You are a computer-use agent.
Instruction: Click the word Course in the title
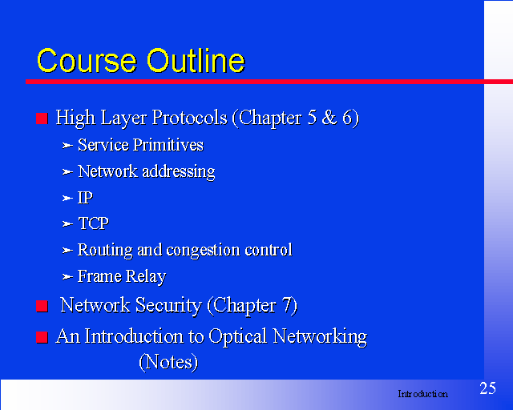tap(87, 61)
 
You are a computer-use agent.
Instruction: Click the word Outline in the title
tap(196, 61)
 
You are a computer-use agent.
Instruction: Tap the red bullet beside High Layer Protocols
tap(42, 119)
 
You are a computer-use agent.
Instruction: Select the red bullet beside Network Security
tap(42, 307)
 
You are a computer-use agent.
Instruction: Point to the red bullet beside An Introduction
tap(42, 337)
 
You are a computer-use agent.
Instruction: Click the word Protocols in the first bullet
tap(190, 118)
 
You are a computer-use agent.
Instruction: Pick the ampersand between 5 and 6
tap(329, 118)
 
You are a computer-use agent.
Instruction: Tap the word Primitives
tap(168, 145)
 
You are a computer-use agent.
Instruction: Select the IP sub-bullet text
tap(85, 198)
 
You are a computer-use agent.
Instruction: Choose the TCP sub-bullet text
tap(93, 223)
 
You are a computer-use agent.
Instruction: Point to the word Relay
tap(146, 276)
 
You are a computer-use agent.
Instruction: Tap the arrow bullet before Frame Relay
tap(67, 277)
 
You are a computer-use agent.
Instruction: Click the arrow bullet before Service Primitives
tap(67, 145)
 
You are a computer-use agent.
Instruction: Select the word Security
tap(168, 306)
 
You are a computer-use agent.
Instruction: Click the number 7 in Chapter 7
tap(286, 305)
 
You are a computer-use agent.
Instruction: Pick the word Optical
tap(238, 336)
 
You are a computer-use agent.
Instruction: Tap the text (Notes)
tap(168, 362)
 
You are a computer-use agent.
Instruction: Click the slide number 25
tap(487, 388)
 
